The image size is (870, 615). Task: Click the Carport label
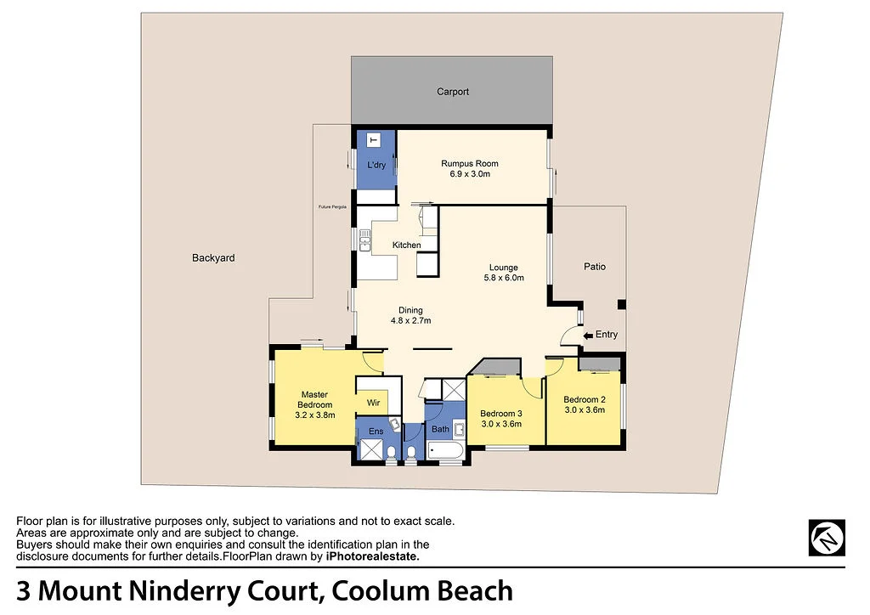(453, 92)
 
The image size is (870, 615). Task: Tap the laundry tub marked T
(373, 139)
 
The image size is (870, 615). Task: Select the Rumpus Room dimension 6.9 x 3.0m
(469, 174)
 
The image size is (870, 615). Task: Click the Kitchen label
(406, 245)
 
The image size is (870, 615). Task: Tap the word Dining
(411, 310)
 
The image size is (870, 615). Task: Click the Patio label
(595, 267)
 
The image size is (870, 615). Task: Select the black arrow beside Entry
(588, 336)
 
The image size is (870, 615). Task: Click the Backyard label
(213, 258)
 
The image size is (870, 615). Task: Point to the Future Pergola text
(332, 207)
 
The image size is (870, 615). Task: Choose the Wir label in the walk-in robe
(373, 403)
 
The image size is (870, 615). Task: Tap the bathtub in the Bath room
(445, 450)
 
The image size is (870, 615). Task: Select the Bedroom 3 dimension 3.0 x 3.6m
(501, 423)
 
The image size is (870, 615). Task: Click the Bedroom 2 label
(585, 399)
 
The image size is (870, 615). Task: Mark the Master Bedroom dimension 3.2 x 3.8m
(314, 415)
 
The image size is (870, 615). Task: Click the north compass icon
(826, 538)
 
